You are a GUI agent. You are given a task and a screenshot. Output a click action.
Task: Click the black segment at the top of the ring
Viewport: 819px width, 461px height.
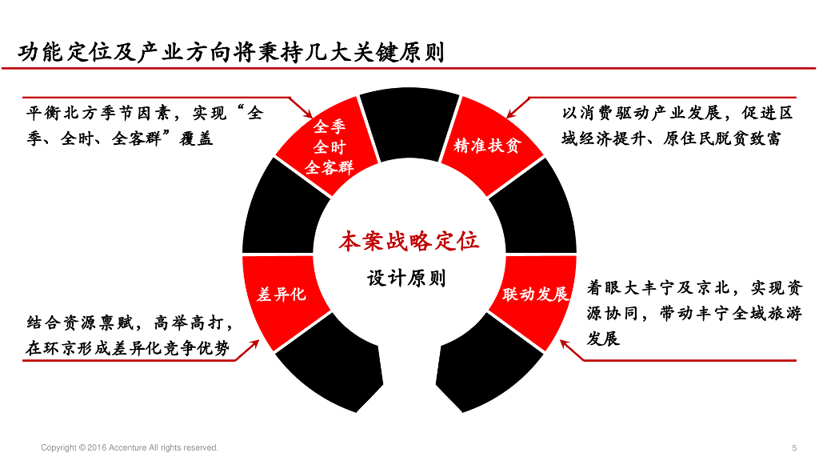click(x=409, y=122)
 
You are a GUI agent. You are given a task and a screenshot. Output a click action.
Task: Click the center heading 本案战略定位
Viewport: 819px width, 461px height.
click(x=409, y=242)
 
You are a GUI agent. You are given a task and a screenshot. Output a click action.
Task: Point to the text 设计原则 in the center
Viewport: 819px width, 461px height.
click(x=406, y=278)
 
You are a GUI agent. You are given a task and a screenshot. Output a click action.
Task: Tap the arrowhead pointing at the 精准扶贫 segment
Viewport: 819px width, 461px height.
click(x=511, y=114)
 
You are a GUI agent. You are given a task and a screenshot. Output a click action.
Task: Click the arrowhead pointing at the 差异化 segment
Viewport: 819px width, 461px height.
click(x=254, y=344)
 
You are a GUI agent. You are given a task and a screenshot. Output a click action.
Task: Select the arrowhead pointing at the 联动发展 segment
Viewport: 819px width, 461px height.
click(x=565, y=344)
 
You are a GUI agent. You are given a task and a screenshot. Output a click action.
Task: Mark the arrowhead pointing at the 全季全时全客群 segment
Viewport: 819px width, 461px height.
click(x=308, y=114)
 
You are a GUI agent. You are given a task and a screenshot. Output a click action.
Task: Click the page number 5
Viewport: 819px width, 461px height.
click(x=794, y=448)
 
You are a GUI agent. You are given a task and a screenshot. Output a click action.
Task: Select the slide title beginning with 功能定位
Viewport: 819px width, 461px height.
click(x=231, y=52)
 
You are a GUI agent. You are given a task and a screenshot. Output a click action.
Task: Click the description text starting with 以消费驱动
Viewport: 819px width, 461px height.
click(x=677, y=126)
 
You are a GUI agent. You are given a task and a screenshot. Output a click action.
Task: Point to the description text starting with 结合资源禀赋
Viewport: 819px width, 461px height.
click(x=129, y=335)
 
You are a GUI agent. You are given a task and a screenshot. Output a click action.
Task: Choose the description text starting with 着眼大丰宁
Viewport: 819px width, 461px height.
click(x=694, y=313)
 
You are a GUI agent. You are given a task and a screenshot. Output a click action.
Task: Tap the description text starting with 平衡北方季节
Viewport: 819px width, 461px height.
click(x=145, y=126)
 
